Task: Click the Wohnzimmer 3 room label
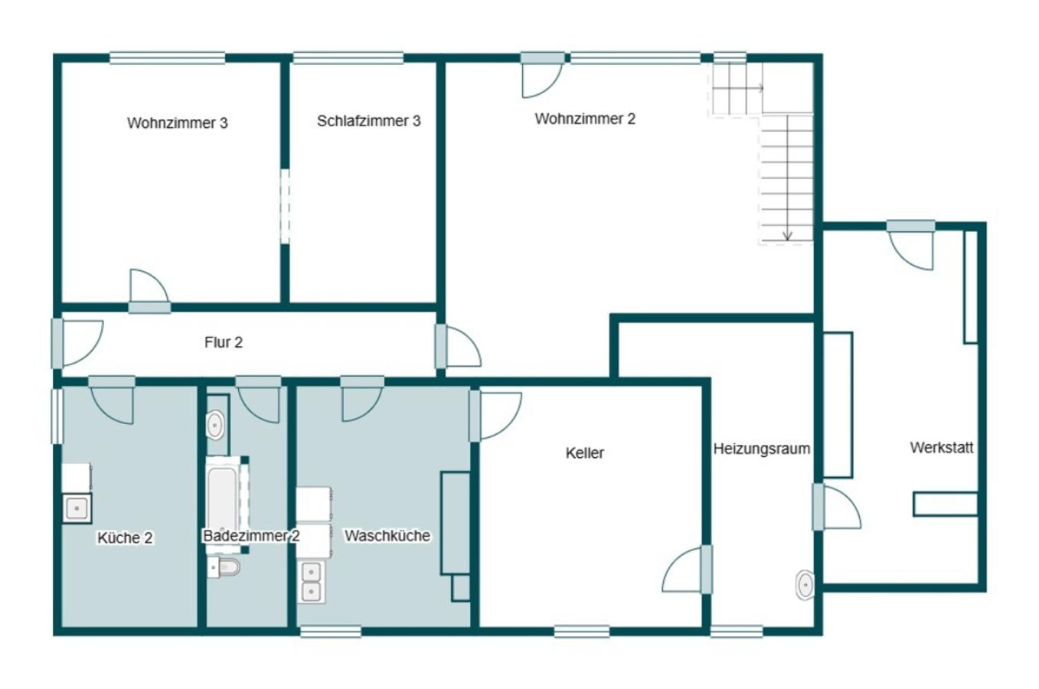pos(177,122)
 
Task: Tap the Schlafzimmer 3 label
pos(369,121)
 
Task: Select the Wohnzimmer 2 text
pos(585,119)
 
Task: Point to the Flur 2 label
pos(223,342)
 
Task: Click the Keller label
pos(584,452)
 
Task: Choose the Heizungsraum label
pos(762,449)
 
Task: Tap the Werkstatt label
pos(942,447)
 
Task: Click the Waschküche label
pos(387,536)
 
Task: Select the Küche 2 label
pos(125,538)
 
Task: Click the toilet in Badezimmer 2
pos(224,567)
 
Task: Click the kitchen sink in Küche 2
pos(77,508)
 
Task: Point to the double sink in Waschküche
pos(311,582)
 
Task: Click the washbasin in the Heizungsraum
pos(805,585)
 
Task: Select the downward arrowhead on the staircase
pos(787,236)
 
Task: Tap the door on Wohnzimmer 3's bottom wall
pos(149,291)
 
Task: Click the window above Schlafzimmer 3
pos(348,58)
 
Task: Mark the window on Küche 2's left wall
pos(57,416)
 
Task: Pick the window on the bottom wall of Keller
pos(582,631)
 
